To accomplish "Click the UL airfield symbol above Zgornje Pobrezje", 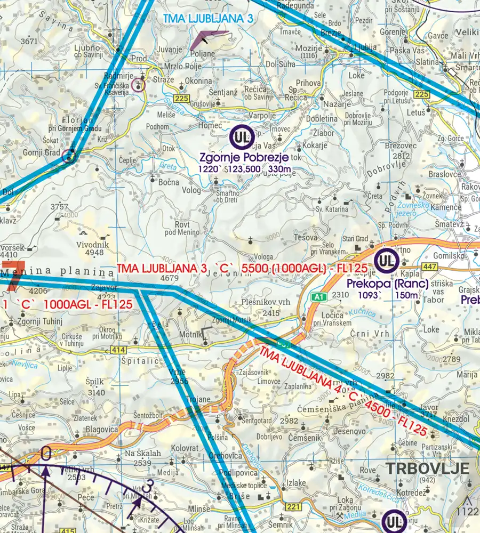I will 241,137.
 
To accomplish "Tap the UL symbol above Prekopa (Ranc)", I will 385,261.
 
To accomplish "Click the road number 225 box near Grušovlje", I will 182,99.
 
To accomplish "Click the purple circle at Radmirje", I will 139,84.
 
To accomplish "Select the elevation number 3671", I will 29,41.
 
